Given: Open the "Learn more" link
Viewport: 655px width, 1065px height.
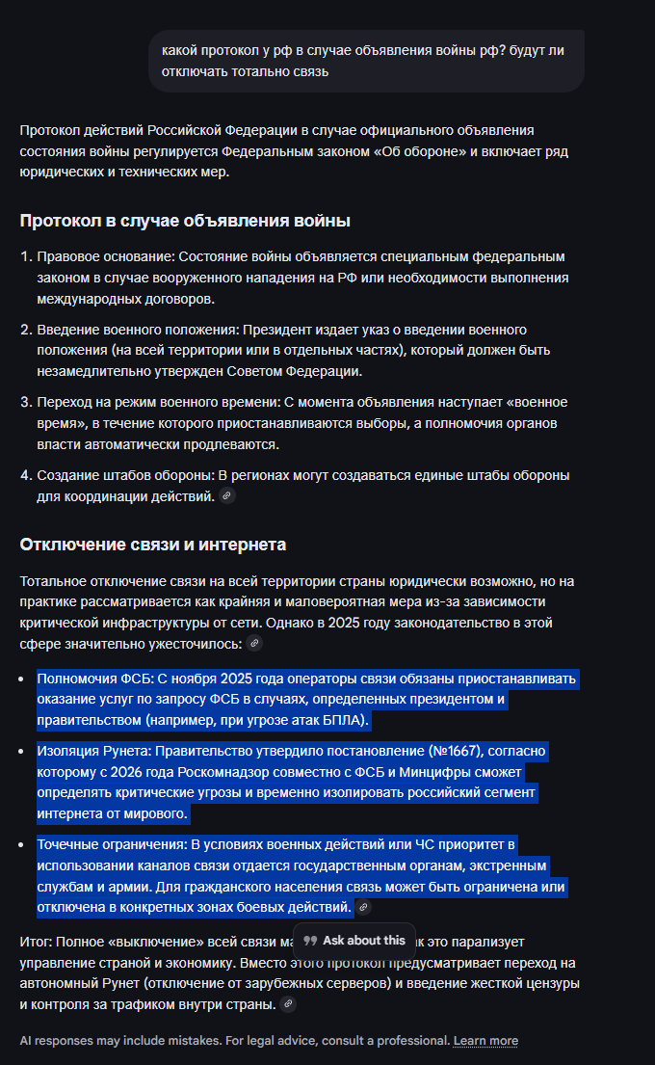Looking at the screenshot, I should click(485, 1040).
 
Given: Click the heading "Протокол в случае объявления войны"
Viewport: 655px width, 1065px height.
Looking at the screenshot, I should click(184, 221).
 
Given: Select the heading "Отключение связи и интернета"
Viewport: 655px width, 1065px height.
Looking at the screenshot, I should click(152, 545).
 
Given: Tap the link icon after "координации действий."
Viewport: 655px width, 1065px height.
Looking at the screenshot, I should click(227, 495).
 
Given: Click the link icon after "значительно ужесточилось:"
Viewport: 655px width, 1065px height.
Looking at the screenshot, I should click(254, 643).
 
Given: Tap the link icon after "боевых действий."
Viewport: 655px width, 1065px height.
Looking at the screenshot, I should click(363, 907).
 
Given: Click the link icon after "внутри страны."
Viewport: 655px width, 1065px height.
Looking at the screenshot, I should click(287, 1004).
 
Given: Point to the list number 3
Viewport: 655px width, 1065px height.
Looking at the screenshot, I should click(26, 402).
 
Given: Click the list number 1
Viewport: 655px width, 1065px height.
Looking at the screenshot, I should click(26, 256).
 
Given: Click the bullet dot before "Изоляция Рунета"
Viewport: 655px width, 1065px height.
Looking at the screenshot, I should click(23, 750).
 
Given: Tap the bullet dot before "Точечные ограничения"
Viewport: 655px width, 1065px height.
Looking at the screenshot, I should click(23, 845).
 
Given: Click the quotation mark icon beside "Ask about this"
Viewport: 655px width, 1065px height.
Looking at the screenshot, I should click(310, 940).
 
